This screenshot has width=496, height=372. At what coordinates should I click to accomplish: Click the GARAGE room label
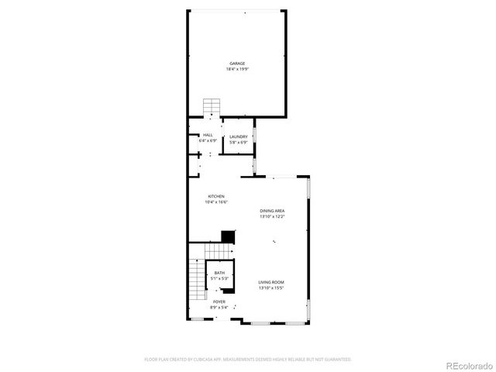[237, 64]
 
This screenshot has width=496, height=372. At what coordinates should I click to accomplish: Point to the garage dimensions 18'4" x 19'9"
[237, 69]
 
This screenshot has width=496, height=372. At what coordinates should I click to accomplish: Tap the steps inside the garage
[212, 106]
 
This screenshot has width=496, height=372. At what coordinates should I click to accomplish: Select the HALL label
[208, 136]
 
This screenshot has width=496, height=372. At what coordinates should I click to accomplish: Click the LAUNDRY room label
[238, 136]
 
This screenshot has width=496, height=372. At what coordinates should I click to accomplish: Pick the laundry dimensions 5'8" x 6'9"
[238, 142]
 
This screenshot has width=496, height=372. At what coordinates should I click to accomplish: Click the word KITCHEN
[216, 197]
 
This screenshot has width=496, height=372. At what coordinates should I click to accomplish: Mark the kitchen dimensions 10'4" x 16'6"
[216, 202]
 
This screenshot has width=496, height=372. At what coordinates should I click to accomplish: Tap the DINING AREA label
[272, 211]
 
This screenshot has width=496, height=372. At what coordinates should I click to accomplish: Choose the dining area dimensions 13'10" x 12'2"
[272, 216]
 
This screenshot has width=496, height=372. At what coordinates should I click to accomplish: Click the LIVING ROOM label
[272, 282]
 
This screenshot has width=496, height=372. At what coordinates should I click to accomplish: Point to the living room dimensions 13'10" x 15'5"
[272, 288]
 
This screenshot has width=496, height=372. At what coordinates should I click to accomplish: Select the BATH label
[220, 273]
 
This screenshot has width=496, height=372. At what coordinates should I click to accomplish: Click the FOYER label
[219, 301]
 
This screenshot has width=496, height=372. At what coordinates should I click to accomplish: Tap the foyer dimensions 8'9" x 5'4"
[219, 307]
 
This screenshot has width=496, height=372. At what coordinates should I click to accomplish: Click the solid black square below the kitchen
[228, 236]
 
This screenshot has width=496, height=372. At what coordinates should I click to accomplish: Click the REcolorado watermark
[467, 365]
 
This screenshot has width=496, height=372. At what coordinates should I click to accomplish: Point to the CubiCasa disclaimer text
[248, 360]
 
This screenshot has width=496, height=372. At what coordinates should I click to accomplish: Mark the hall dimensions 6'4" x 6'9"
[208, 141]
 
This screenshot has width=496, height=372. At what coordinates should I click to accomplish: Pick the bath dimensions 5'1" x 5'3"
[220, 278]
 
